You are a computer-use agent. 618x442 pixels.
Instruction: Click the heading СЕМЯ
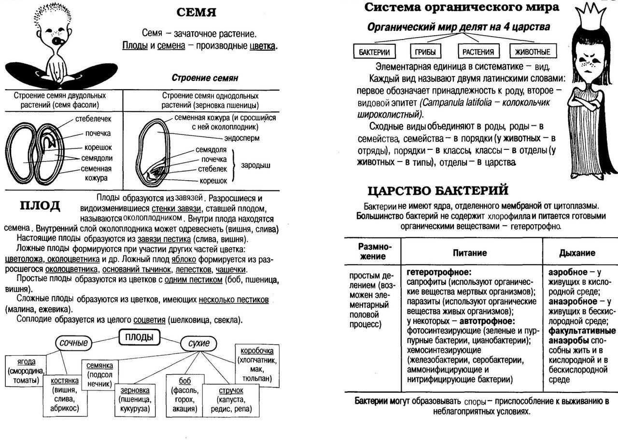[x=196, y=12]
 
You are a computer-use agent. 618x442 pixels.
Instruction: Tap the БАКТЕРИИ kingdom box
[x=374, y=52]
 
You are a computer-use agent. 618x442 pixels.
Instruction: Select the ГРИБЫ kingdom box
[x=425, y=52]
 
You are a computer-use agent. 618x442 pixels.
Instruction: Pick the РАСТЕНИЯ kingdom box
[x=478, y=52]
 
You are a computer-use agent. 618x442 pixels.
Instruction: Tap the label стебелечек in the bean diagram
[x=93, y=119]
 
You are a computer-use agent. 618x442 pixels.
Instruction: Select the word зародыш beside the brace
[x=256, y=165]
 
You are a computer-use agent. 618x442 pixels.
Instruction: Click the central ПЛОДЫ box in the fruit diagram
[x=139, y=337]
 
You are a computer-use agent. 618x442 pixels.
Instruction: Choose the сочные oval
[x=74, y=343]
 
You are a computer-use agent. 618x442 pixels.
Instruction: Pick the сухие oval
[x=199, y=343]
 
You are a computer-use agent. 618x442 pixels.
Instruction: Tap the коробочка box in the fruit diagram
[x=256, y=364]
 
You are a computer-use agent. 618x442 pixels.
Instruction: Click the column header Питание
[x=470, y=253]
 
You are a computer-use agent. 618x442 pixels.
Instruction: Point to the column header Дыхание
[x=577, y=253]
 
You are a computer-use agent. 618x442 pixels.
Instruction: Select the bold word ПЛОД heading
[x=40, y=206]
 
